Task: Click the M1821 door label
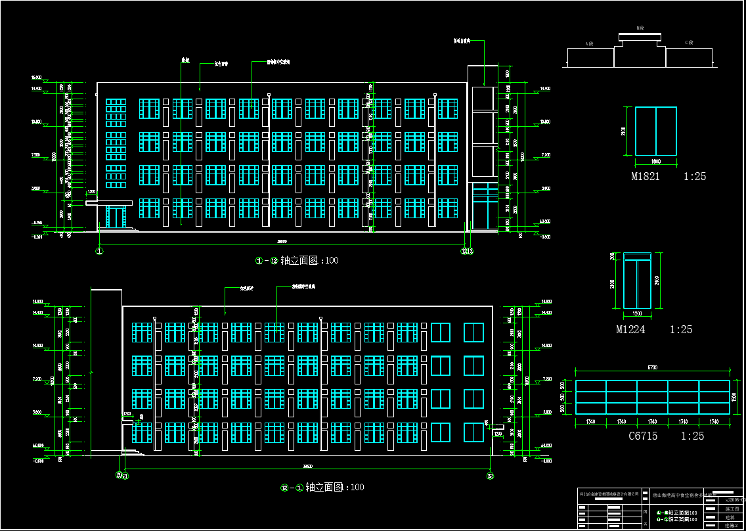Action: click(x=646, y=177)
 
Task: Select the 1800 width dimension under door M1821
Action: click(x=655, y=161)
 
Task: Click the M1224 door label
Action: click(x=630, y=330)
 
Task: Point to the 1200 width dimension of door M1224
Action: click(x=636, y=313)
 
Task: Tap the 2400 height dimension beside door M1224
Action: click(x=657, y=281)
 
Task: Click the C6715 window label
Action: click(x=644, y=436)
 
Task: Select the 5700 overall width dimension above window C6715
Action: click(x=653, y=367)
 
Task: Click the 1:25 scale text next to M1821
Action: click(x=695, y=177)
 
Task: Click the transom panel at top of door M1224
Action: click(x=637, y=256)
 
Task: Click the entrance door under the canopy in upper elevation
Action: click(x=116, y=218)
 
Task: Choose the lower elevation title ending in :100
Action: click(x=322, y=488)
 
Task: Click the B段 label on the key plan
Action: click(x=640, y=28)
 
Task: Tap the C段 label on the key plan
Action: click(x=689, y=43)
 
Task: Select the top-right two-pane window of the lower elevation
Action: click(x=473, y=333)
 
